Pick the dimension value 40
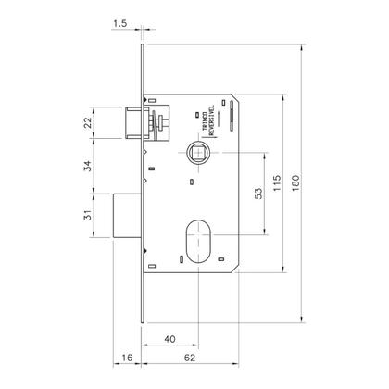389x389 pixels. pyautogui.click(x=170, y=339)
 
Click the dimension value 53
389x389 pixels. pyautogui.click(x=260, y=195)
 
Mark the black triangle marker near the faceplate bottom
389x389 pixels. pyautogui.click(x=145, y=253)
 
